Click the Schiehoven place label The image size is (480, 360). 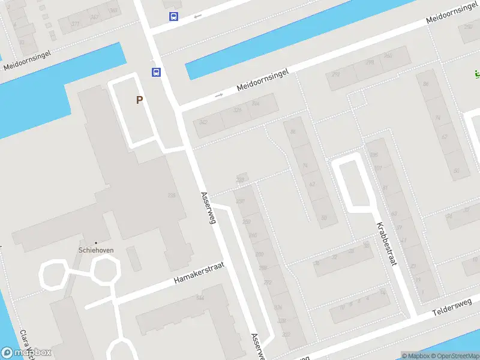click(x=96, y=250)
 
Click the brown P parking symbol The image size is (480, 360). click(x=139, y=100)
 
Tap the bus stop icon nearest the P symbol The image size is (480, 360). click(x=156, y=73)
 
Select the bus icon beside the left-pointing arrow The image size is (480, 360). click(x=173, y=17)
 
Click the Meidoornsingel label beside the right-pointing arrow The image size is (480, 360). click(x=263, y=80)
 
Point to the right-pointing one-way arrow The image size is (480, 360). click(x=219, y=95)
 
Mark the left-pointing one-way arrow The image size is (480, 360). click(x=197, y=16)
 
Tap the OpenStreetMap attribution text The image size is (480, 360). click(x=454, y=356)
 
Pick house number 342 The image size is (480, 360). click(x=203, y=122)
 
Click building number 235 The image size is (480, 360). click(x=172, y=195)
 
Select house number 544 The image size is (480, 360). click(x=200, y=298)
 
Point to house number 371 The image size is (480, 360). click(x=75, y=24)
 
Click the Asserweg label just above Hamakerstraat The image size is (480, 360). click(x=208, y=208)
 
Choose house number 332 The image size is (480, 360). click(x=286, y=335)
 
